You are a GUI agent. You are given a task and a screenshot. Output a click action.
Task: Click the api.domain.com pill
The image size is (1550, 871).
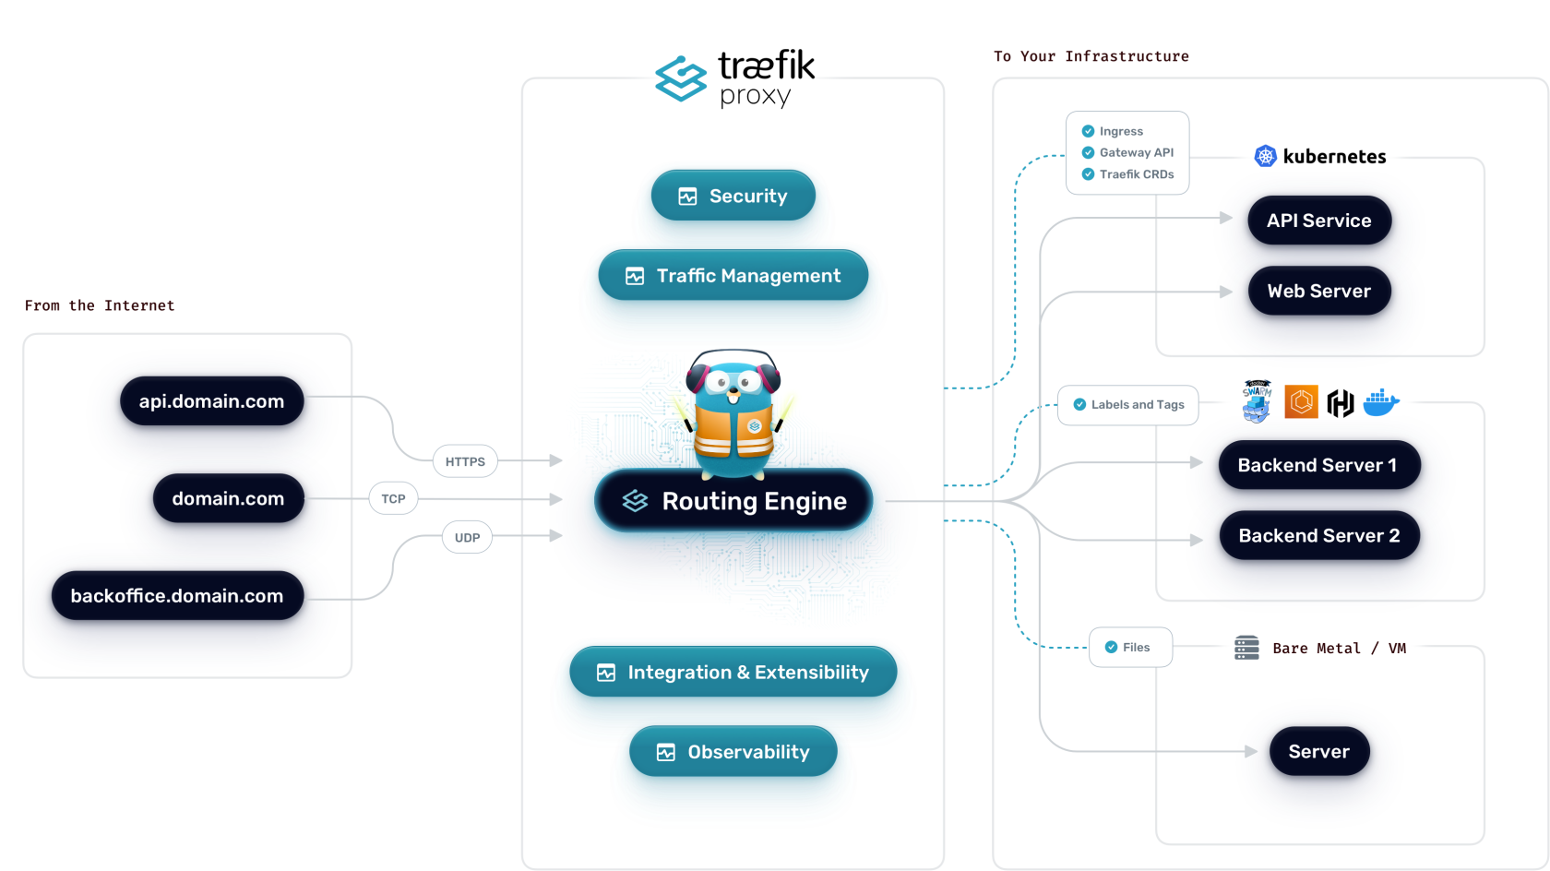click(211, 401)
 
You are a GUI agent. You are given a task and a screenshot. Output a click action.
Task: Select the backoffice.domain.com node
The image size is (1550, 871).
click(177, 596)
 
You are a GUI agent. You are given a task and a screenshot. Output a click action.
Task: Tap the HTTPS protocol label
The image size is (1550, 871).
click(465, 461)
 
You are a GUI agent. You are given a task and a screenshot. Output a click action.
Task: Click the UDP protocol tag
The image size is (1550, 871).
click(467, 537)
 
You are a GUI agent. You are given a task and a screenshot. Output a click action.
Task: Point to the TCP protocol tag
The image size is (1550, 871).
click(393, 499)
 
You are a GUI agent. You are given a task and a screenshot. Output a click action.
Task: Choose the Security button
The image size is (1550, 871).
click(733, 197)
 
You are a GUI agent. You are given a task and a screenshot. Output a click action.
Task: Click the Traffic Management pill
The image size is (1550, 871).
click(733, 276)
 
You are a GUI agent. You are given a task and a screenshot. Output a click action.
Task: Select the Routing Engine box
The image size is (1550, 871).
click(734, 501)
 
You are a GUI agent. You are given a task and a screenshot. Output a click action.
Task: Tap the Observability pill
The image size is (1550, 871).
click(733, 752)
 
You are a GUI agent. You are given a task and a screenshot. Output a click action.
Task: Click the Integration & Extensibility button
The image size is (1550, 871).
click(733, 673)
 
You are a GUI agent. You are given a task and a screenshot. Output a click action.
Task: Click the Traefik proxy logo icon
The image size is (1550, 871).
click(681, 78)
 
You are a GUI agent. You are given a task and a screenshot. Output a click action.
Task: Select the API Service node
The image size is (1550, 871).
click(1318, 221)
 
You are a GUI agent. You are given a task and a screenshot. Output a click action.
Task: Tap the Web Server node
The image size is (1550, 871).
click(1318, 292)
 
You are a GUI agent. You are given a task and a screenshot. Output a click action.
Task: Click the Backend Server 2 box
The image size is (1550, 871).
click(1318, 536)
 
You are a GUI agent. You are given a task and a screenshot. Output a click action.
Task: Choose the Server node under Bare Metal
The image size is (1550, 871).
click(1318, 752)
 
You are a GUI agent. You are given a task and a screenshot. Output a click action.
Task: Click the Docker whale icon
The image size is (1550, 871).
click(1381, 403)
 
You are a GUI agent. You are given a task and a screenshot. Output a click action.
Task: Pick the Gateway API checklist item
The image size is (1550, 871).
click(1136, 153)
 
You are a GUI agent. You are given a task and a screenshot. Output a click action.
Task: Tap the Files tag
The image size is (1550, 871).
click(1130, 648)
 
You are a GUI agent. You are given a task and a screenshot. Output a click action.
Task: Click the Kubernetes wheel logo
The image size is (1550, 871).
click(1265, 157)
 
